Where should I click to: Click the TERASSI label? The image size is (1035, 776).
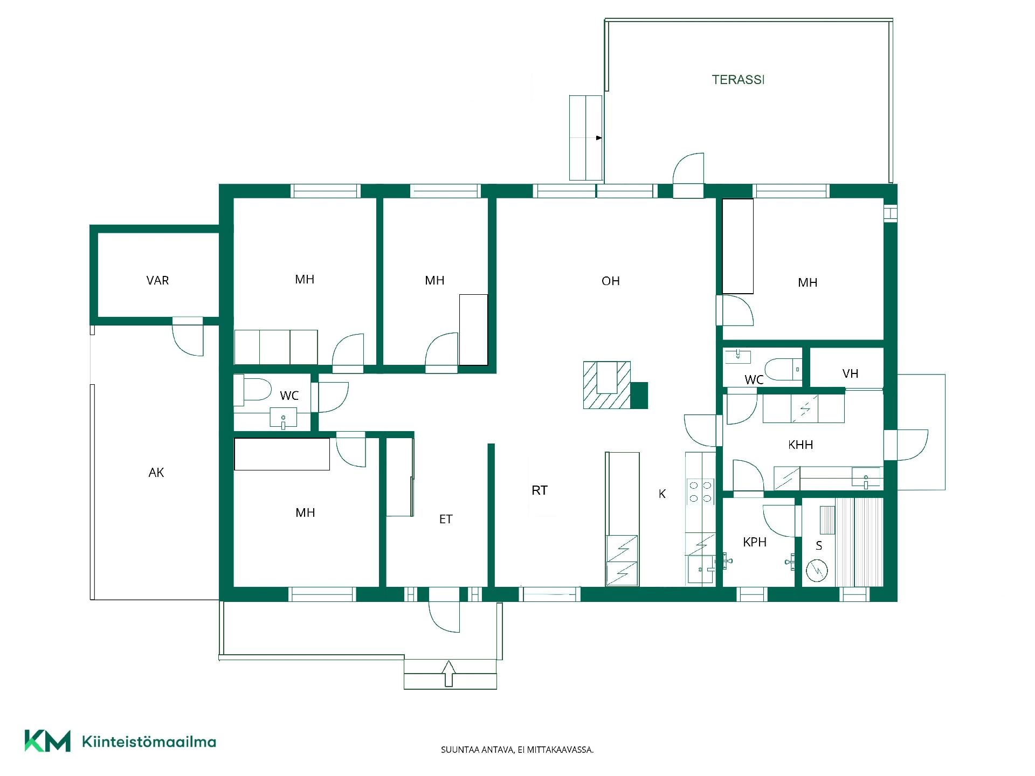[738, 80]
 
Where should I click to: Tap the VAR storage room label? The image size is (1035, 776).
[157, 280]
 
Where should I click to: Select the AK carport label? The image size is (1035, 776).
[156, 473]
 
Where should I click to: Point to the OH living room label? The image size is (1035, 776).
[611, 281]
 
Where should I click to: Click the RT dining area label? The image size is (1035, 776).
[540, 490]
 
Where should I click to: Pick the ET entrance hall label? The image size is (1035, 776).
[446, 519]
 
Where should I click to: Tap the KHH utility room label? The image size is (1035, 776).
[801, 445]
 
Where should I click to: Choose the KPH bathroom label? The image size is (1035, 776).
[755, 542]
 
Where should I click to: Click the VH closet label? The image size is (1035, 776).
[850, 373]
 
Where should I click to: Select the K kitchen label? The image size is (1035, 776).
[663, 494]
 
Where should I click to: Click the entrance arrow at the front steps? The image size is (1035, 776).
[448, 674]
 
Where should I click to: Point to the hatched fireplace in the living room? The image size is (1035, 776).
[607, 384]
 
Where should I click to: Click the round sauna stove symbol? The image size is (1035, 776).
[817, 570]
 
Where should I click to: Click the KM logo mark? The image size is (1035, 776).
[47, 741]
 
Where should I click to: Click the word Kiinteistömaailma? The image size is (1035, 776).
[149, 742]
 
